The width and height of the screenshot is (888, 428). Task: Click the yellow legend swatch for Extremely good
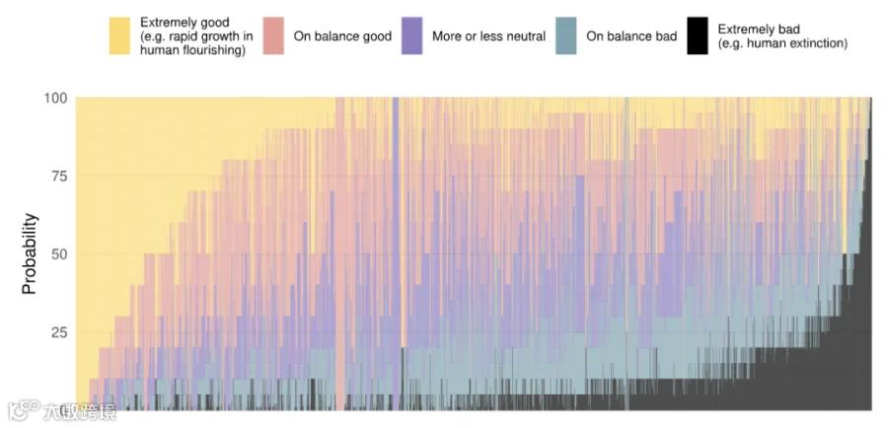tap(119, 36)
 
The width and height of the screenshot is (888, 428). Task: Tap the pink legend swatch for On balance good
tap(273, 36)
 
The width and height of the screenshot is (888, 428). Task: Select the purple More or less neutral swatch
tap(411, 36)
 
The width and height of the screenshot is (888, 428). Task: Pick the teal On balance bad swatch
tap(565, 36)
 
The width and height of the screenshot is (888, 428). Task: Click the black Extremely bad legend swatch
tap(698, 36)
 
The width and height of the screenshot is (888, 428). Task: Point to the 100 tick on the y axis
tap(56, 98)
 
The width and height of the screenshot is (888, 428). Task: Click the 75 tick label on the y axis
tap(60, 177)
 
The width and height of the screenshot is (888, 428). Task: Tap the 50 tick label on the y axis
tap(60, 254)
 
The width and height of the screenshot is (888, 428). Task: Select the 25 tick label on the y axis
tap(60, 332)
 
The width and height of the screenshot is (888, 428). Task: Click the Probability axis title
tap(30, 253)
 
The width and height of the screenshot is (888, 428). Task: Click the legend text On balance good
tap(342, 36)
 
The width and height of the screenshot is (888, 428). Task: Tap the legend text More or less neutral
tap(488, 36)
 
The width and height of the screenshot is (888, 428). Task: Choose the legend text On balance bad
tap(631, 36)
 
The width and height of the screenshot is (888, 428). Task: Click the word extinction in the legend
tap(819, 43)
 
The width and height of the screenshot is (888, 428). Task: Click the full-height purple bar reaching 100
tap(396, 253)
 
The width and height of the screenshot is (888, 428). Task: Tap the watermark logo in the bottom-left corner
tap(24, 410)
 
